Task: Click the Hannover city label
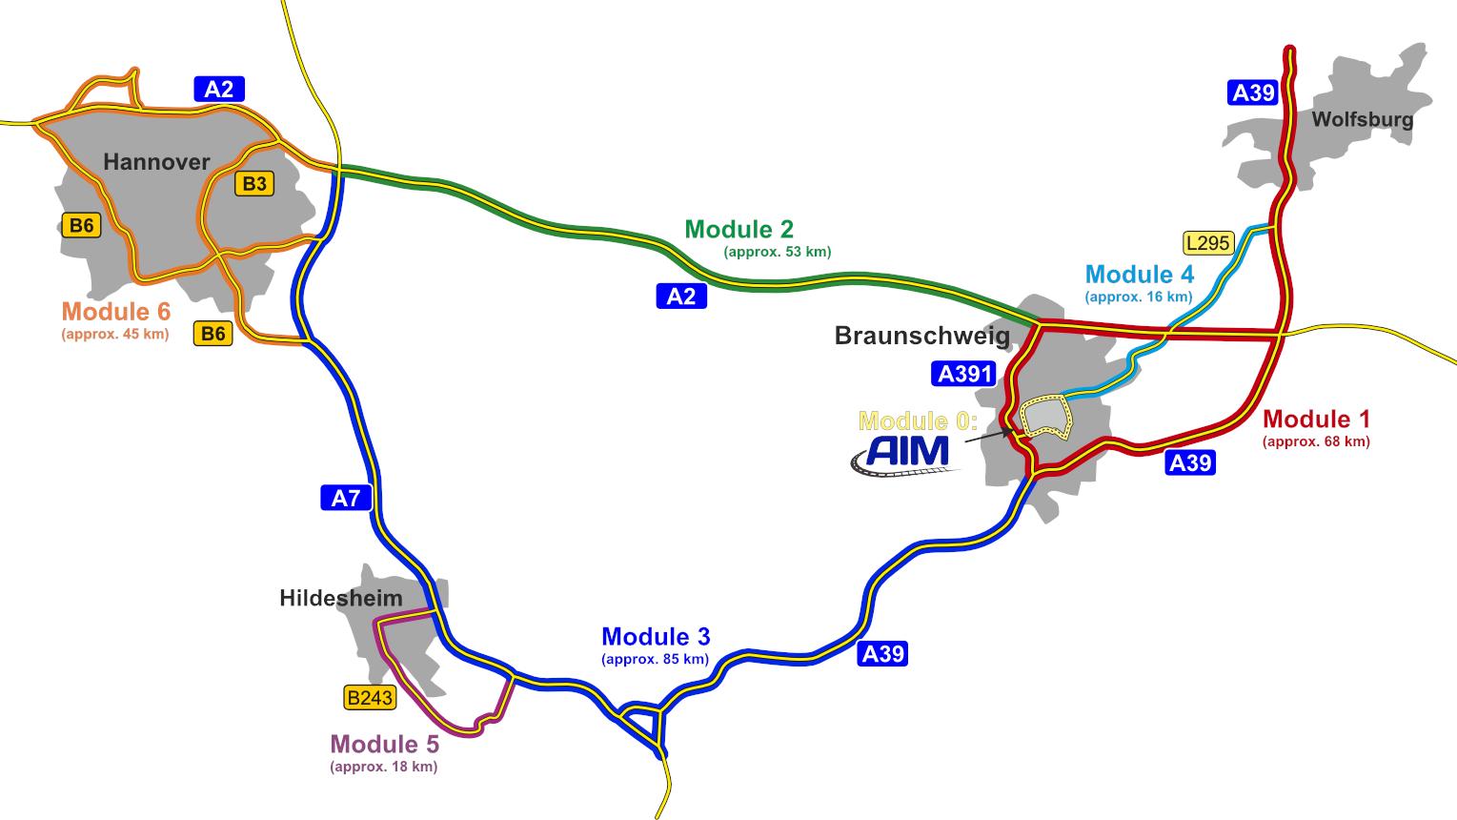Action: pyautogui.click(x=156, y=162)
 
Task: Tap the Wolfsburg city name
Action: pyautogui.click(x=1362, y=120)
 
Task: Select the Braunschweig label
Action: pyautogui.click(x=921, y=336)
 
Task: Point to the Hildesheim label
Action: pyautogui.click(x=341, y=599)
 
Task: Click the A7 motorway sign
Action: pyautogui.click(x=345, y=498)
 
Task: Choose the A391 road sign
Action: pyautogui.click(x=965, y=374)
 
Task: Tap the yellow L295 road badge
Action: pyautogui.click(x=1207, y=243)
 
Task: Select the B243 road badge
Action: pyautogui.click(x=370, y=698)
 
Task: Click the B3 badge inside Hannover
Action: pyautogui.click(x=253, y=184)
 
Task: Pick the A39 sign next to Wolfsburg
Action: pyautogui.click(x=1253, y=92)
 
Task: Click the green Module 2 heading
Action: pyautogui.click(x=739, y=230)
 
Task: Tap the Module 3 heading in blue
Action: pyautogui.click(x=656, y=637)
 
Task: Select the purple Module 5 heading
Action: pyautogui.click(x=384, y=745)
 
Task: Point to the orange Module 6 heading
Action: pyautogui.click(x=116, y=312)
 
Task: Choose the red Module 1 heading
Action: pyautogui.click(x=1316, y=420)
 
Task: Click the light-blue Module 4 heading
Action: pyautogui.click(x=1139, y=275)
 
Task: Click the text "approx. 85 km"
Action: pyautogui.click(x=656, y=659)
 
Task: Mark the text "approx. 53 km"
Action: pyautogui.click(x=777, y=252)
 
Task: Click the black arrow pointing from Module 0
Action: pyautogui.click(x=987, y=438)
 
